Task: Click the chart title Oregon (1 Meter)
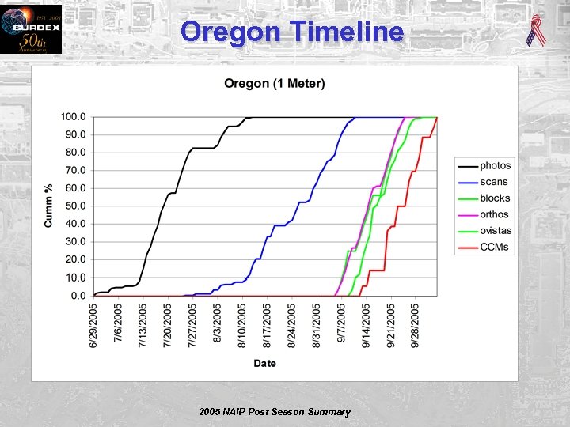click(274, 84)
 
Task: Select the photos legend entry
click(495, 166)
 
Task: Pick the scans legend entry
click(493, 182)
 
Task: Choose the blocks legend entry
click(495, 198)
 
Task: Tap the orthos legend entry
click(494, 214)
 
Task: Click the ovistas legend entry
click(496, 231)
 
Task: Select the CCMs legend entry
click(494, 247)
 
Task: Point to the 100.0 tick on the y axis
click(74, 117)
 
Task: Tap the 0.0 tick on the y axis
click(78, 296)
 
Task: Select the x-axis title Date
click(264, 363)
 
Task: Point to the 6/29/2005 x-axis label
click(94, 323)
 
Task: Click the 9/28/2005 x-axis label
click(416, 323)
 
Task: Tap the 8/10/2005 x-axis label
click(242, 323)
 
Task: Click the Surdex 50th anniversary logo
click(30, 29)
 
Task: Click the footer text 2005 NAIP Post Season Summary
click(275, 412)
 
